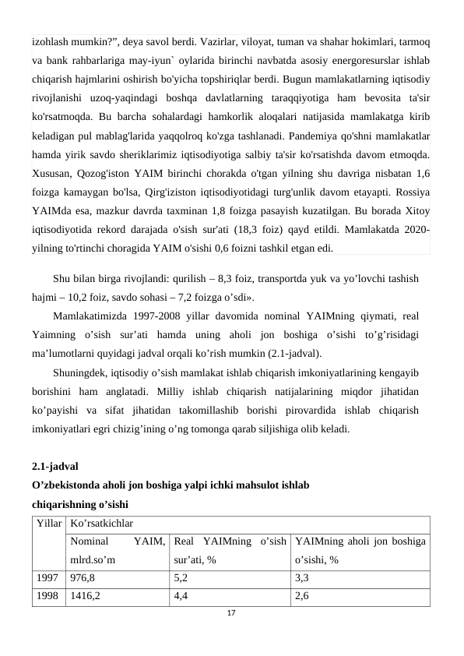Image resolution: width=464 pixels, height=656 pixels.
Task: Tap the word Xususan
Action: click(52, 170)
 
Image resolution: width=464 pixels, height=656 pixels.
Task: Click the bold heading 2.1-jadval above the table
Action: click(54, 468)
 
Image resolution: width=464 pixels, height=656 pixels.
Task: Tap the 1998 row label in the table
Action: click(45, 595)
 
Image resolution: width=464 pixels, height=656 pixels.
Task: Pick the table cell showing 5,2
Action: click(181, 578)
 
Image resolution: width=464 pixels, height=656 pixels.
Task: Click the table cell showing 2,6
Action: click(302, 595)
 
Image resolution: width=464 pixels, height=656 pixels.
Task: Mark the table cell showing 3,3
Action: click(302, 578)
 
